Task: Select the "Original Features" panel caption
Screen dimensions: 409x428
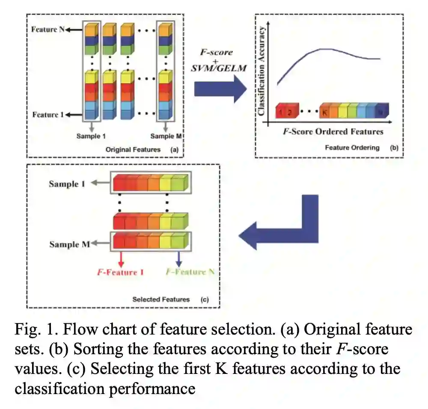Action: coord(133,150)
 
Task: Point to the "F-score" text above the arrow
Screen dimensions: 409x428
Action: coord(217,52)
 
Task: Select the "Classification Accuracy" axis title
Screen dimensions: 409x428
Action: coord(262,71)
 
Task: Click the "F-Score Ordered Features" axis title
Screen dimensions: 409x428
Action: coord(333,131)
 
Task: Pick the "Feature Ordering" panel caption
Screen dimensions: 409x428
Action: coord(352,148)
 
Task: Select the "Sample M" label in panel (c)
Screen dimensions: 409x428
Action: coord(70,245)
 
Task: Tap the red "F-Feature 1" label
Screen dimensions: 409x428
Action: coord(117,273)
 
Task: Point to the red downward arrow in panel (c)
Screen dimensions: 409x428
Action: coord(121,258)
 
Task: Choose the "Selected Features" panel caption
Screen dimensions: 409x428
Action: coord(161,299)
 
